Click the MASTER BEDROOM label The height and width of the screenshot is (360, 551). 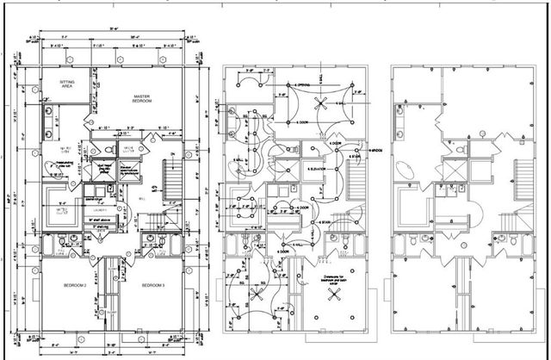[142, 98]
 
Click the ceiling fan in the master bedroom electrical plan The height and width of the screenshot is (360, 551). [321, 103]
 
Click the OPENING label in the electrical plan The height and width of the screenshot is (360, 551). [302, 85]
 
